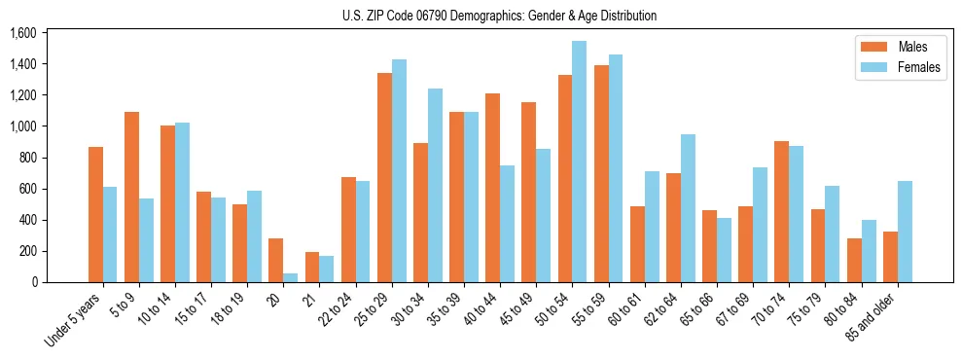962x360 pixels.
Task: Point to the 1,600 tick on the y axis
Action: click(x=22, y=33)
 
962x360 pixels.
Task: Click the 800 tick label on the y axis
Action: click(x=26, y=158)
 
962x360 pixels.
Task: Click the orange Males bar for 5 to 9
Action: click(x=131, y=198)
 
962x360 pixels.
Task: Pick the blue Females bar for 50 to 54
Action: click(x=579, y=162)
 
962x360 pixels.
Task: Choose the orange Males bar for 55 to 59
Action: click(x=600, y=174)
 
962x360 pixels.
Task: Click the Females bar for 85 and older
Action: click(x=904, y=232)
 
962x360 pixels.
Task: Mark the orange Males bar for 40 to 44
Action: click(x=492, y=188)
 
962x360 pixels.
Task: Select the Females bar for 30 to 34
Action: click(x=435, y=186)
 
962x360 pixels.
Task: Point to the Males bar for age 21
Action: click(x=312, y=268)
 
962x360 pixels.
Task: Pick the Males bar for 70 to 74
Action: click(x=780, y=212)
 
